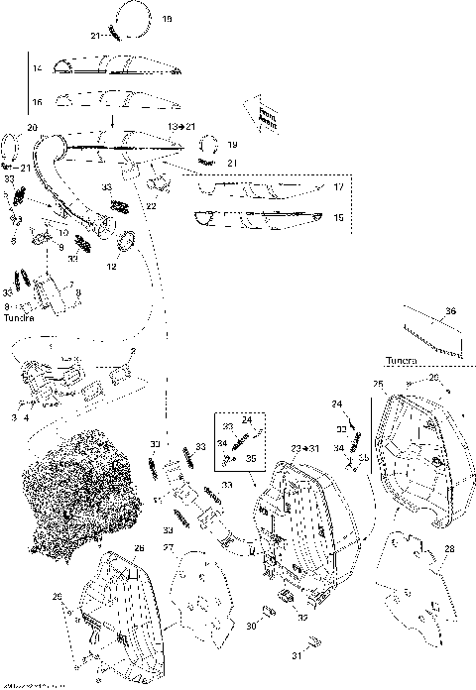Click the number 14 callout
35,68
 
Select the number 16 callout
35,102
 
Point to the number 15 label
338,217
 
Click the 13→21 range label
181,128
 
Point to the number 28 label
451,548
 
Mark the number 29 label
57,597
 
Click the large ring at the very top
130,18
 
